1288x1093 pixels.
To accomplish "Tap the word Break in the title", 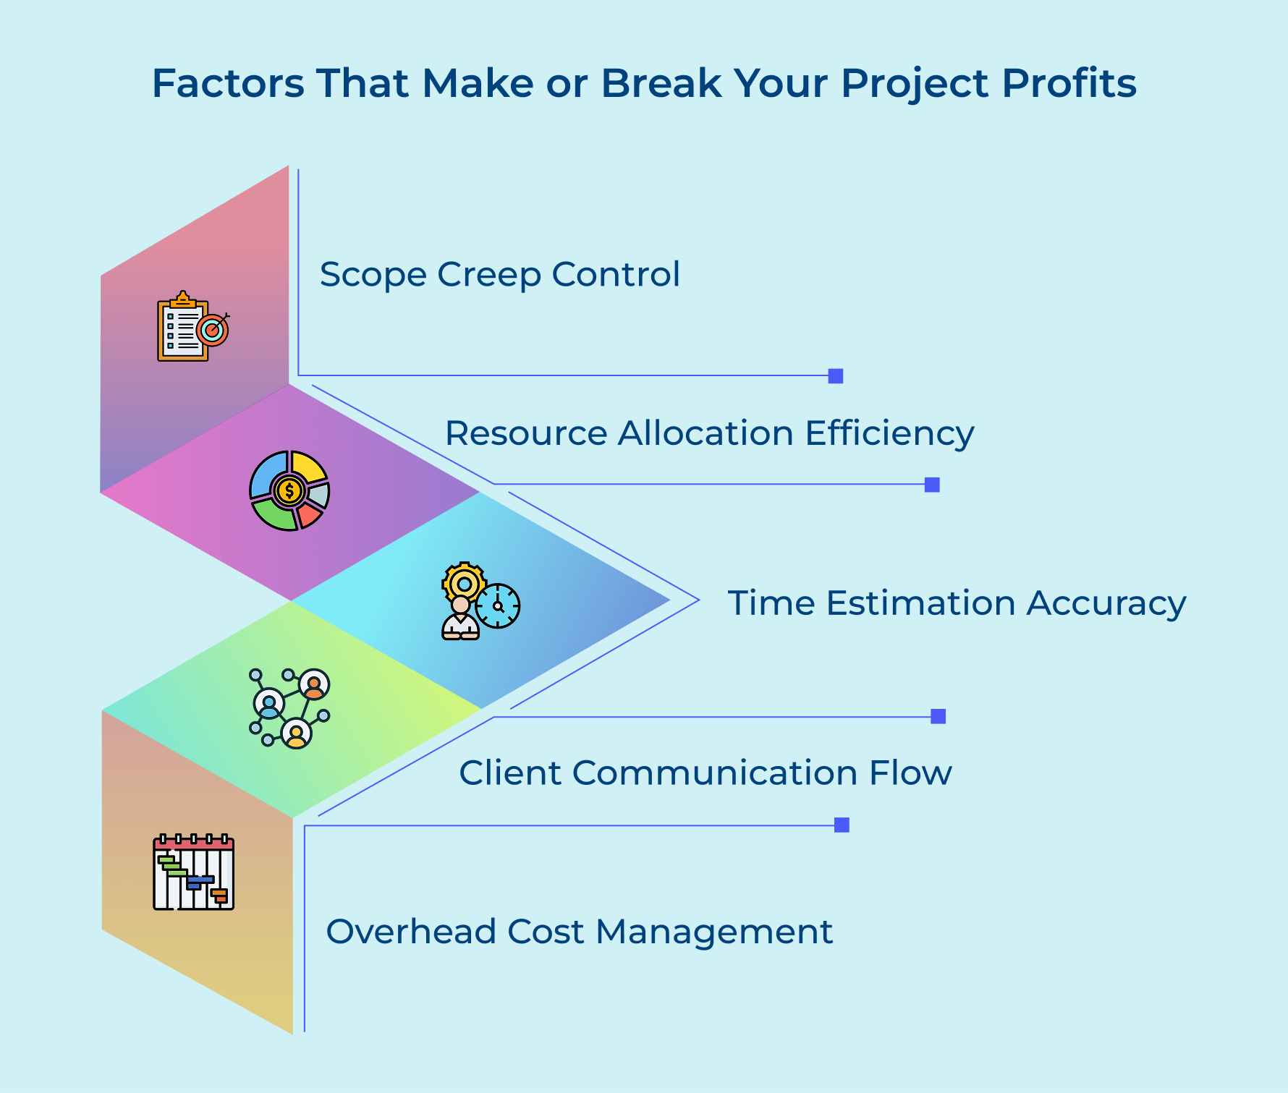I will pyautogui.click(x=661, y=83).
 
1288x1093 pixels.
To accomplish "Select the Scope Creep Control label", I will pyautogui.click(x=499, y=274).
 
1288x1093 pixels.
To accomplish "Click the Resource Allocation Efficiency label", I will pyautogui.click(x=709, y=433).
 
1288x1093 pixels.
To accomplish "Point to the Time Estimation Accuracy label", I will pyautogui.click(x=957, y=603).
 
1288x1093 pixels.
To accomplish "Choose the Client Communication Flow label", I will pyautogui.click(x=706, y=773).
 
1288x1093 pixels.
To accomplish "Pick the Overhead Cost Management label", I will pyautogui.click(x=580, y=931).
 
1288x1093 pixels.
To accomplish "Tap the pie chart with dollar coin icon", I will pyautogui.click(x=289, y=491).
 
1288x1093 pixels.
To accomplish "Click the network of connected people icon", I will pyautogui.click(x=289, y=708).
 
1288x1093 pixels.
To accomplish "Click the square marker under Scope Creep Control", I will pyautogui.click(x=836, y=376).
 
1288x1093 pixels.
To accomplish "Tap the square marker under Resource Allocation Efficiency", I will pyautogui.click(x=932, y=485).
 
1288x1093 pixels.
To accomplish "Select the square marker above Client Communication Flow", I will pyautogui.click(x=938, y=716).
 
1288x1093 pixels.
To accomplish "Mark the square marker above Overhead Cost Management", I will pyautogui.click(x=842, y=825).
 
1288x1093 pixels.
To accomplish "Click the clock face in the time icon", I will pyautogui.click(x=498, y=605).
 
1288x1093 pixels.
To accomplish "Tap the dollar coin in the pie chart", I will pyautogui.click(x=289, y=491).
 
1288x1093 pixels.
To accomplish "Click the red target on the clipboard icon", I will pyautogui.click(x=212, y=330).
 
